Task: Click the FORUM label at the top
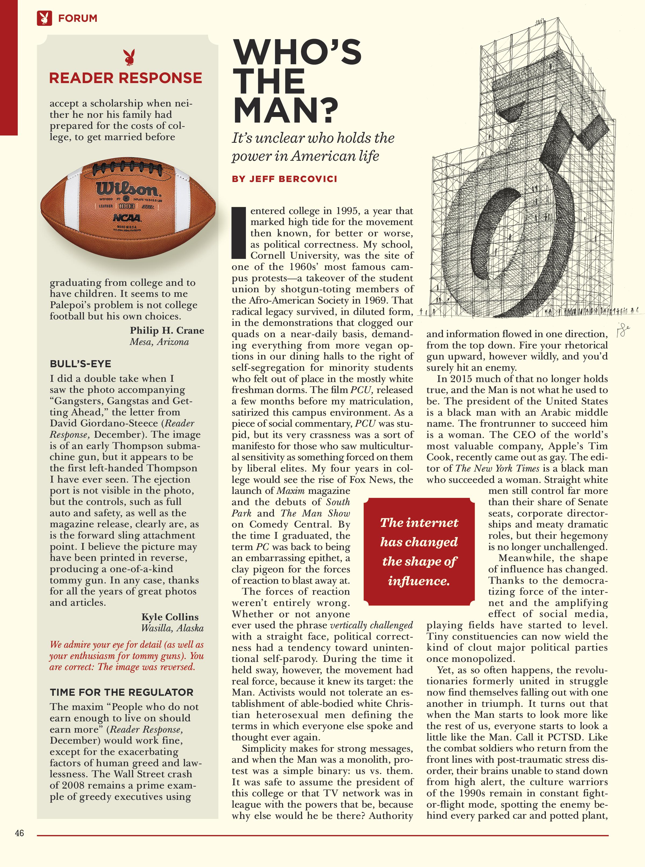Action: tap(77, 18)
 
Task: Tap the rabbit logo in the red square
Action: tap(44, 18)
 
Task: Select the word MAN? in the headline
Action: tap(285, 110)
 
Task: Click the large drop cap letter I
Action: tap(238, 233)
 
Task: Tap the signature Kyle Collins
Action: tap(170, 617)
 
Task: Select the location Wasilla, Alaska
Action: tap(172, 628)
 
